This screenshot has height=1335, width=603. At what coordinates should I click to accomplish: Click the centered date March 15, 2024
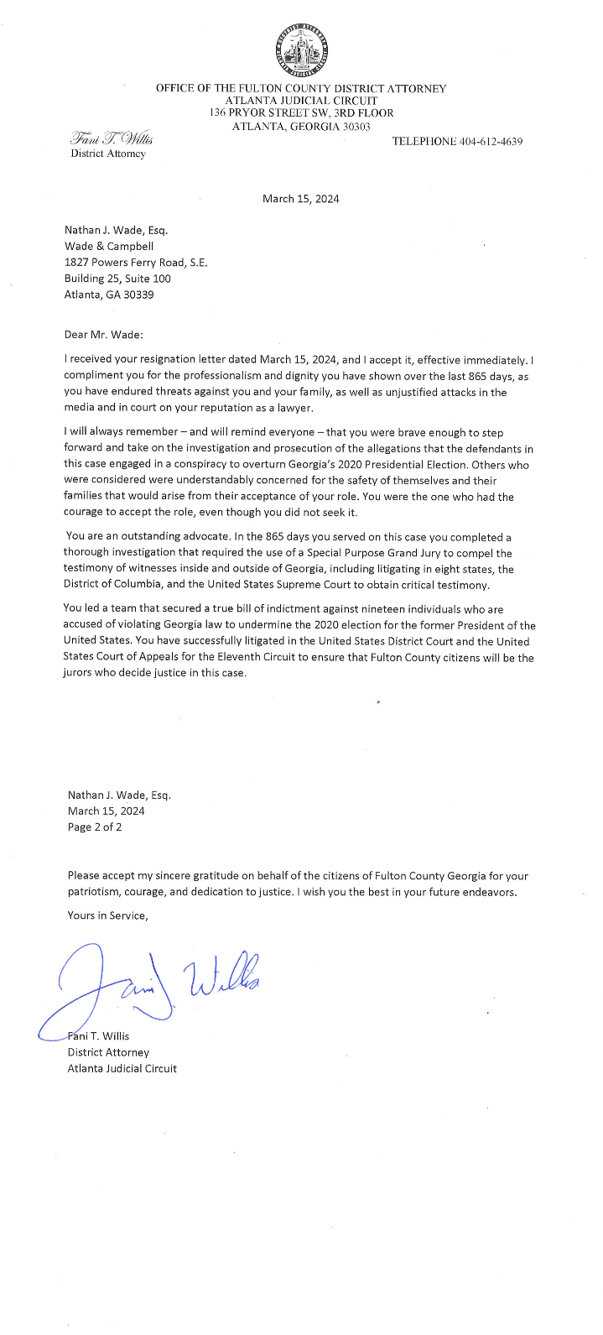click(x=300, y=199)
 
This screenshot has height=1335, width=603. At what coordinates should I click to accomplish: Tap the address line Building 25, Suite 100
click(x=117, y=279)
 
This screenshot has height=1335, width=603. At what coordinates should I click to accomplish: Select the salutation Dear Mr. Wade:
click(x=104, y=335)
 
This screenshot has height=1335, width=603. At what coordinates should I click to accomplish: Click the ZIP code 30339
click(x=137, y=295)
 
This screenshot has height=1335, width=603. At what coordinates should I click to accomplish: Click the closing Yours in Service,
click(x=107, y=915)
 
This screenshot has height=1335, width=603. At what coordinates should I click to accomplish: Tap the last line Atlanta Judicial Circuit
click(x=122, y=1068)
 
